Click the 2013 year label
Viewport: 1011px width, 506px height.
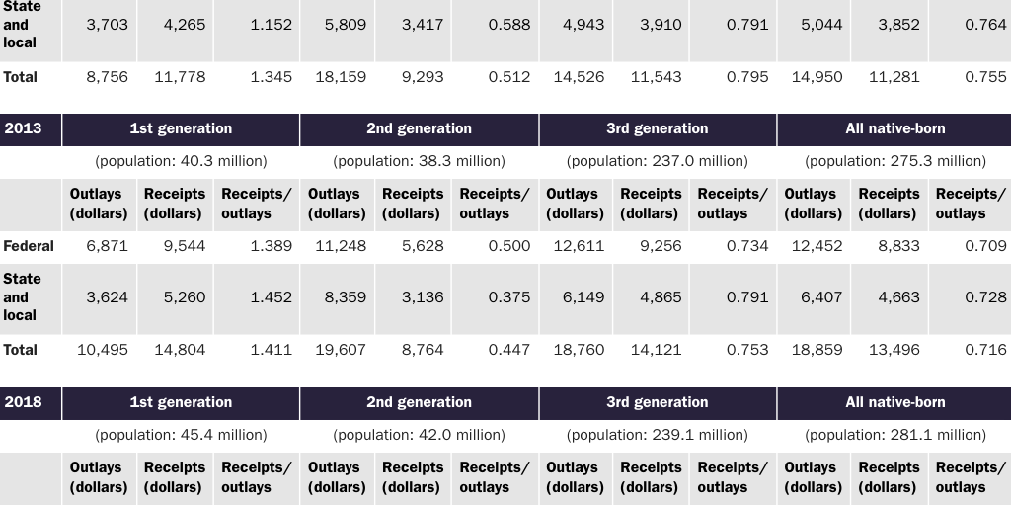(x=23, y=128)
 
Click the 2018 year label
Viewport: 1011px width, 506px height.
(x=23, y=402)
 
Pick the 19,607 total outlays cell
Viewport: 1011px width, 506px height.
(x=340, y=349)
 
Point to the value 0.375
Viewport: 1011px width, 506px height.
(x=508, y=296)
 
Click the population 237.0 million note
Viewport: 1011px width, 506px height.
(x=658, y=161)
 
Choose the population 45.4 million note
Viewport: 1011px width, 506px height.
(x=181, y=435)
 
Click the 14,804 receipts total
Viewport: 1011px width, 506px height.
(x=180, y=349)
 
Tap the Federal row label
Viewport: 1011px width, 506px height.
(x=29, y=246)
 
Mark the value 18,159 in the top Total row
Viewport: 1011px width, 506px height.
(x=340, y=76)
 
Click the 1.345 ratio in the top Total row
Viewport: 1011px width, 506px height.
(x=271, y=76)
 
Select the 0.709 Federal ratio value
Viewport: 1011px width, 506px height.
(x=985, y=246)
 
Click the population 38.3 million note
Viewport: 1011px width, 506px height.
(x=420, y=161)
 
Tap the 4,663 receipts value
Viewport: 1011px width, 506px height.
(x=898, y=296)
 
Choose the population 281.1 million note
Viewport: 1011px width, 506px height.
(x=895, y=435)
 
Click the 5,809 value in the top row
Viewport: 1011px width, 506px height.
(x=345, y=25)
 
